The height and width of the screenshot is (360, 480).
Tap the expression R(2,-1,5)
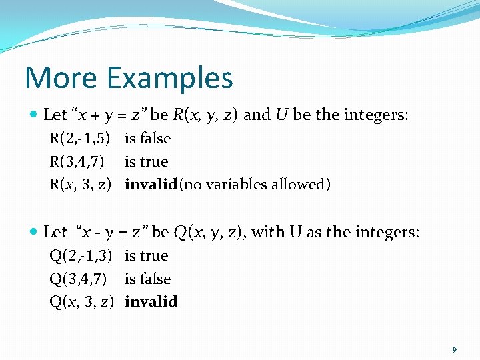pos(80,139)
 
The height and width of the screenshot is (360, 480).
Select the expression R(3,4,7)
pos(76,161)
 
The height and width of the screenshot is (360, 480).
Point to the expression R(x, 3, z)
pos(80,184)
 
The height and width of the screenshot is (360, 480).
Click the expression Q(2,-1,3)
pos(81,255)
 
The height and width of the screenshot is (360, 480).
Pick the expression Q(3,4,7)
pos(77,279)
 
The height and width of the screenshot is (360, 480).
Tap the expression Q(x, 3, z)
pos(81,301)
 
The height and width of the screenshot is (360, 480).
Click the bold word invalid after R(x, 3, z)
pos(151,184)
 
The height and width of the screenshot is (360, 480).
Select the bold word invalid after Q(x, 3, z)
pos(151,301)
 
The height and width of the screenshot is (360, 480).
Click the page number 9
pos(454,350)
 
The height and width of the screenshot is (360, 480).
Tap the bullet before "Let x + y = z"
pos(34,115)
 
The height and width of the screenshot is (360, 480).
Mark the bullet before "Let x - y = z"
pos(34,233)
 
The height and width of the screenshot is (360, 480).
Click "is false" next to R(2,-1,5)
pos(147,139)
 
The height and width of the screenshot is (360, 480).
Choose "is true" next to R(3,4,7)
pos(146,161)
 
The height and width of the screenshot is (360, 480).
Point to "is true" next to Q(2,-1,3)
pos(146,255)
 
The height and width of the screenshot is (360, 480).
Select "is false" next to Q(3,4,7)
pos(147,279)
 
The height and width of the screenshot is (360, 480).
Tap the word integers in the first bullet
pos(376,115)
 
